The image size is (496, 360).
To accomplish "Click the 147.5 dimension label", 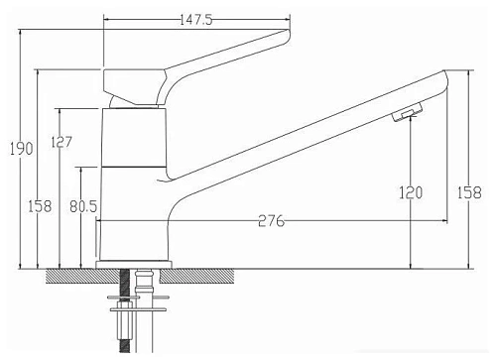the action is pyautogui.click(x=195, y=20).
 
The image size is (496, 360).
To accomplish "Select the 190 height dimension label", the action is pyautogui.click(x=21, y=149).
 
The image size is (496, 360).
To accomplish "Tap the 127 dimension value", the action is pyautogui.click(x=62, y=142).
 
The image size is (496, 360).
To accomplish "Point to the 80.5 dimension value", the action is pyautogui.click(x=83, y=206).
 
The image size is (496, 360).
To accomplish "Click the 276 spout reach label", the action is pyautogui.click(x=271, y=221).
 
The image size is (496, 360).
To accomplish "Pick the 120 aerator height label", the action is pyautogui.click(x=411, y=192).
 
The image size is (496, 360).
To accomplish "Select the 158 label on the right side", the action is pyautogui.click(x=469, y=192).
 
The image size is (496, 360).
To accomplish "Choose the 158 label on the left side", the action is pyautogui.click(x=40, y=206).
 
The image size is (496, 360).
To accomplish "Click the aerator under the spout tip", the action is pyautogui.click(x=407, y=112).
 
